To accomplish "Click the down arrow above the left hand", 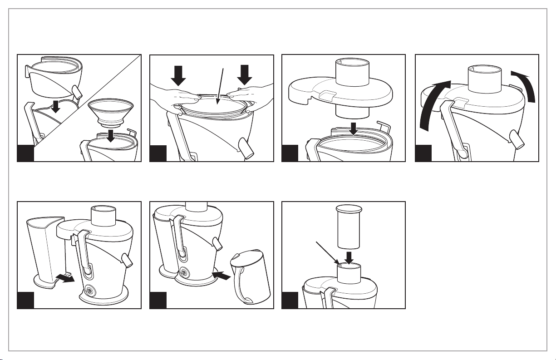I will (x=178, y=75).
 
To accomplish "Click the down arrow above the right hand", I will (x=245, y=74).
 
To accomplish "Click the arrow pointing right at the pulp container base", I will (x=67, y=278).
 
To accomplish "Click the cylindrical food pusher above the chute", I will (x=348, y=227).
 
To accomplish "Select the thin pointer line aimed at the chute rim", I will (x=325, y=252).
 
